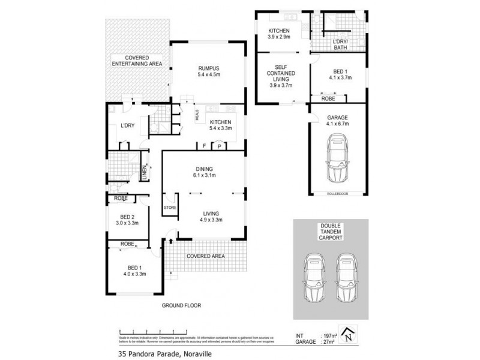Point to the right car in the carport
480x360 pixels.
(347, 279)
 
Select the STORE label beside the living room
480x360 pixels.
(169, 208)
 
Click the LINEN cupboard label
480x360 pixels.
(145, 173)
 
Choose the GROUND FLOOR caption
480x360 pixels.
(181, 305)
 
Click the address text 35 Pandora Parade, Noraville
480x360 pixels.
(158, 353)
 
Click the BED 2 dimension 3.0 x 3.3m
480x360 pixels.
(127, 223)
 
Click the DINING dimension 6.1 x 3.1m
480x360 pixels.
(203, 176)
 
